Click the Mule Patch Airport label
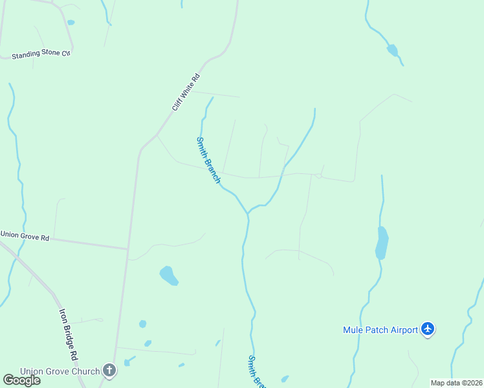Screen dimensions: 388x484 coord(380,330)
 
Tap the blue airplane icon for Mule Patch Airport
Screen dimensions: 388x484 coord(427,329)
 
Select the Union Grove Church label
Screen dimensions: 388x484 coord(60,371)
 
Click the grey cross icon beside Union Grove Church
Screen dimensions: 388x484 coord(109,371)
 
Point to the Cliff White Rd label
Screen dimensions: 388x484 coord(186,92)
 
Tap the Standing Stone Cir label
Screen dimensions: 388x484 coord(40,54)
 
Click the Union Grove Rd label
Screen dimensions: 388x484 coord(25,237)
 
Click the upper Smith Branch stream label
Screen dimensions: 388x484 coord(208,159)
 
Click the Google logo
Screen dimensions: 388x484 coord(21,380)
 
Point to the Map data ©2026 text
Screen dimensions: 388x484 coord(456,383)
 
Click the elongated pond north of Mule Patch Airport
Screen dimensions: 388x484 coord(382,243)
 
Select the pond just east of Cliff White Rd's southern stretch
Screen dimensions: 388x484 coord(169,275)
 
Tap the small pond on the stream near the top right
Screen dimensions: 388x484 coord(392,50)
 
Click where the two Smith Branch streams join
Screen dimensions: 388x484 coord(247,213)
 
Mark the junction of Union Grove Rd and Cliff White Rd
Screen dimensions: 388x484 coord(127,248)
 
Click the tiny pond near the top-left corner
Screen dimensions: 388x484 coord(71,23)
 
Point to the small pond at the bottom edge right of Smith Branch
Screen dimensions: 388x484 coord(285,379)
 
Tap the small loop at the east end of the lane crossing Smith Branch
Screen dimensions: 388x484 coord(318,176)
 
